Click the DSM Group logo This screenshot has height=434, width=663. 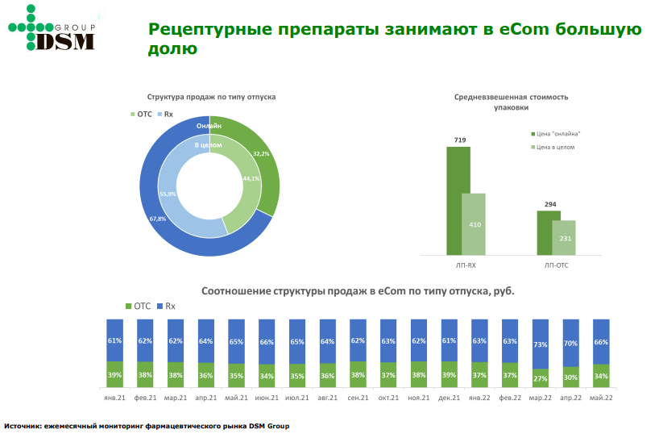click(52, 29)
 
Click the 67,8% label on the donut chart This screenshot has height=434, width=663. click(158, 219)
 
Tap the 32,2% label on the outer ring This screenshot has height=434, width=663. click(261, 153)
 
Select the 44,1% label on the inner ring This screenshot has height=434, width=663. click(251, 179)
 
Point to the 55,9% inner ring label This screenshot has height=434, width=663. click(168, 194)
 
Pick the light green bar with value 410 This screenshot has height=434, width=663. click(474, 223)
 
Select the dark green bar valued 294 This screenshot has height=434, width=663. click(548, 232)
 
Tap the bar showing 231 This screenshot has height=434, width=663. click(565, 237)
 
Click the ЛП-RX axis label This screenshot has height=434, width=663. click(466, 264)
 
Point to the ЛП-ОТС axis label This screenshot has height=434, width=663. click(557, 264)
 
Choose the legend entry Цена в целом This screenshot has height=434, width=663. click(554, 147)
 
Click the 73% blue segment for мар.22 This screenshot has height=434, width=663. click(541, 344)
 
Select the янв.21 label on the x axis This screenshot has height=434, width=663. click(114, 398)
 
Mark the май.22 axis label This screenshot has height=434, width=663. click(601, 398)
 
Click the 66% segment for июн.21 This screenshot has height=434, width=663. click(267, 341)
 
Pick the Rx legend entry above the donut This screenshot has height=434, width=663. click(165, 115)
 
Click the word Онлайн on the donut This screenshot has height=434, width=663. click(208, 127)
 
